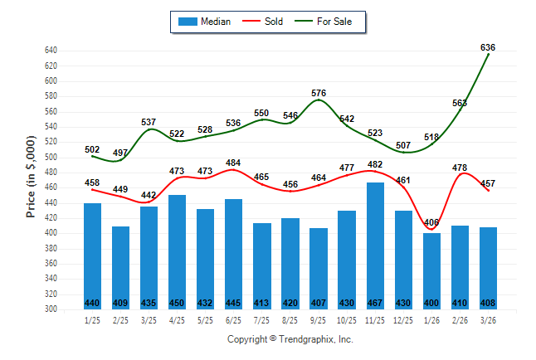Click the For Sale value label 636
488,47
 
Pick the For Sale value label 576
319,93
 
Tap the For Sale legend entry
334,22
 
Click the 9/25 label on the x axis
319,320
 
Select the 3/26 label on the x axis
488,320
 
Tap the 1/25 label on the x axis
93,320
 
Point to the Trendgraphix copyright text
290,339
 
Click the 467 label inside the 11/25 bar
375,303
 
